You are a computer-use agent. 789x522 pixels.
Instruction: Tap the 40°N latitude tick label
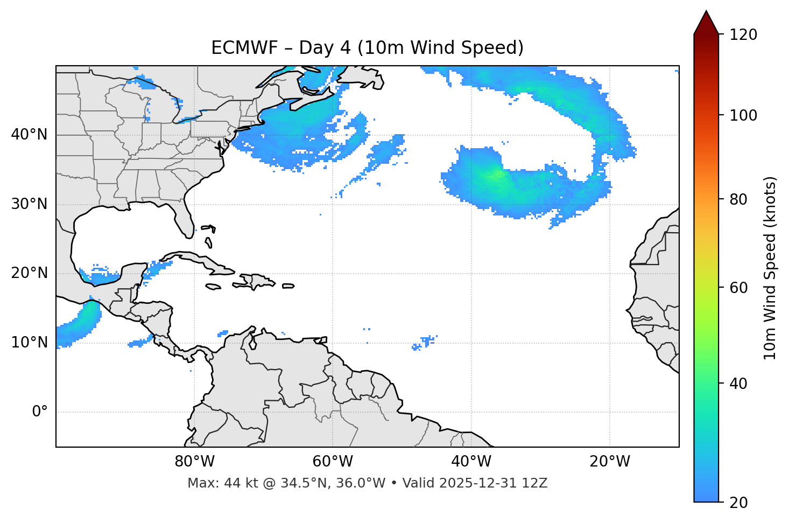pos(29,135)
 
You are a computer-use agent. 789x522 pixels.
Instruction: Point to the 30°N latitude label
pos(29,204)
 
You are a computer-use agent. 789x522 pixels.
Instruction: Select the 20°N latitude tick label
pos(29,273)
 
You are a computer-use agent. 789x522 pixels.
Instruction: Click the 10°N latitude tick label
pos(29,343)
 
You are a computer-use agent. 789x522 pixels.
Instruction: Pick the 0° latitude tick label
pos(40,412)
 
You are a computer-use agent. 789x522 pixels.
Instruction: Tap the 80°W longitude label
pos(194,462)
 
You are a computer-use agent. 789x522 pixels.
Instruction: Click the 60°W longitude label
pos(333,462)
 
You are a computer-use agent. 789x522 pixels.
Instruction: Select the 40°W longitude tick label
pos(471,462)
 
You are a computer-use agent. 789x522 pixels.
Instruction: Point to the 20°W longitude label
pos(610,462)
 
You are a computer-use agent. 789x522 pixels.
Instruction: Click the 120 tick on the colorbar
pos(743,34)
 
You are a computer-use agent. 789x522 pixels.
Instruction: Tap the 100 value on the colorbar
pos(743,115)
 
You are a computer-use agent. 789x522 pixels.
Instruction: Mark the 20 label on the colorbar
pos(738,503)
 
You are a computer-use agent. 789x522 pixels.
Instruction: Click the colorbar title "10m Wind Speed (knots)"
pos(770,268)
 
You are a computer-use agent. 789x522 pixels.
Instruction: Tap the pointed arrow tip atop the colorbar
pos(706,12)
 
